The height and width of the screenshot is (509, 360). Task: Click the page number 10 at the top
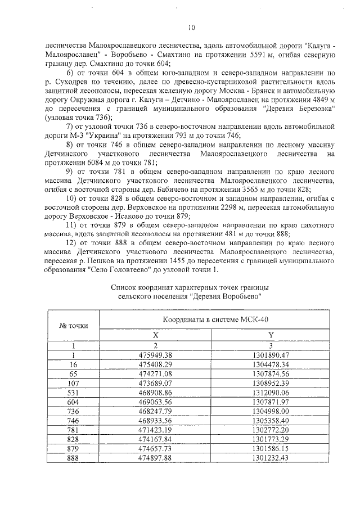click(191, 27)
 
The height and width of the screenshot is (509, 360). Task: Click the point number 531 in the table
click(73, 393)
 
